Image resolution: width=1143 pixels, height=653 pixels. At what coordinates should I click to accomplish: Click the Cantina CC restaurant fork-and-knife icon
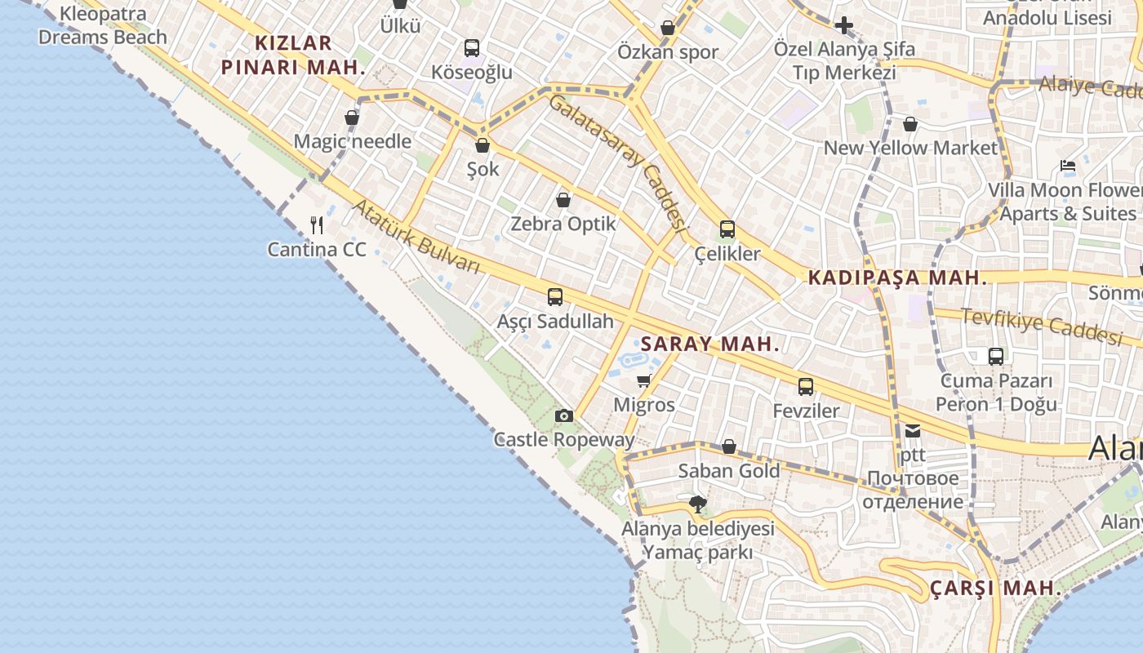[318, 224]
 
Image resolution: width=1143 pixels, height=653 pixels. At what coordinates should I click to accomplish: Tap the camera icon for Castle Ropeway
[563, 416]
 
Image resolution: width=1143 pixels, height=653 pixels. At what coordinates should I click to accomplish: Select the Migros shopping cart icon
[644, 380]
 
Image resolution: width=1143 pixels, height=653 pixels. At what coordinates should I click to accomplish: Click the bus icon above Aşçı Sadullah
[555, 297]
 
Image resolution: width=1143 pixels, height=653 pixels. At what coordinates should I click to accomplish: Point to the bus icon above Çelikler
[727, 229]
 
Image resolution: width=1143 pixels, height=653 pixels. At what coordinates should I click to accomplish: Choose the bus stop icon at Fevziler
[806, 387]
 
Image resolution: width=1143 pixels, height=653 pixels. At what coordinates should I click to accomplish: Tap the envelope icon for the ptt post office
[913, 431]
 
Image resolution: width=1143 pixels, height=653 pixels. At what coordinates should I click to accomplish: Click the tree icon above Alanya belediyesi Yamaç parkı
[697, 504]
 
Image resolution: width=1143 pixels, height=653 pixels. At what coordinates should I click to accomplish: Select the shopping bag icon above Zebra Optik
[563, 199]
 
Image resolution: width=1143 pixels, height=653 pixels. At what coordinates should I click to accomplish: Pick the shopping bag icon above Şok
[482, 145]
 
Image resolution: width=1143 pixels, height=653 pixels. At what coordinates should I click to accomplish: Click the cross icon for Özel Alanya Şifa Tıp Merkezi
[844, 26]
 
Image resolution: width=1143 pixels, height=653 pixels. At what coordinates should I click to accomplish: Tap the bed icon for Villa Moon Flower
[1067, 167]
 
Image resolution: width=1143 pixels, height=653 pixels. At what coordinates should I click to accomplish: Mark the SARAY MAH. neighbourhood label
[710, 344]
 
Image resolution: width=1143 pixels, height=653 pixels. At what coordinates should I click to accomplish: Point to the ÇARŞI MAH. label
[995, 588]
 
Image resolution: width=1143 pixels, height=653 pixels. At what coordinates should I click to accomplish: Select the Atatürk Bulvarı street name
[416, 237]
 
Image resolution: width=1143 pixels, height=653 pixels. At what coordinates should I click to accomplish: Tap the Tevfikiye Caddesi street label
[1041, 325]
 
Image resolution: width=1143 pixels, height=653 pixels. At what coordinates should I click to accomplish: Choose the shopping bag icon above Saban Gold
[728, 446]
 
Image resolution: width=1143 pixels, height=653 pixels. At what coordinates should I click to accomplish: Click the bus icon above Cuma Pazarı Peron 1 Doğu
[995, 357]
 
